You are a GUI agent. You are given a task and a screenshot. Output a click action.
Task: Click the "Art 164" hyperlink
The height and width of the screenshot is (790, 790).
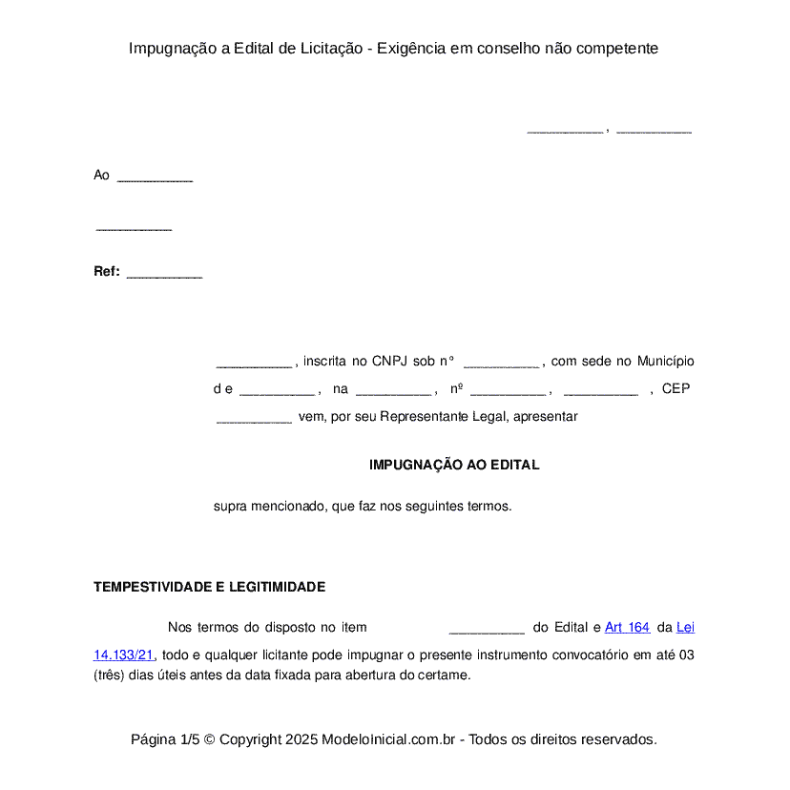[627, 628]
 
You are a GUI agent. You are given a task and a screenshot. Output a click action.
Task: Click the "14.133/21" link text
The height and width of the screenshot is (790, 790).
[123, 655]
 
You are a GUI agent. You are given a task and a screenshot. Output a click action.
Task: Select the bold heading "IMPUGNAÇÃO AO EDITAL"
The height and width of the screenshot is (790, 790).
[454, 466]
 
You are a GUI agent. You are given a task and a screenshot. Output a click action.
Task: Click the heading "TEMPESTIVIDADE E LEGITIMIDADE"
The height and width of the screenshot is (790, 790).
[209, 588]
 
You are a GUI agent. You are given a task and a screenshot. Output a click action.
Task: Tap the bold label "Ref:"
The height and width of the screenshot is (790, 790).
[106, 272]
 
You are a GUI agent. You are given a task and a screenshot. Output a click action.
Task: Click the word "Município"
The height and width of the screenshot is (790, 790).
[665, 362]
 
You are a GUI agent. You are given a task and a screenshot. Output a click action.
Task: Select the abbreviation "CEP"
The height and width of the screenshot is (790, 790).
[676, 389]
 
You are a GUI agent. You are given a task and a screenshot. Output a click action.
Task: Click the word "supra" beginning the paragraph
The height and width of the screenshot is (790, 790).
[229, 507]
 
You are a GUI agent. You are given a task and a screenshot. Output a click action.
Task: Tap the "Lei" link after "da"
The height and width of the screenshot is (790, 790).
[685, 628]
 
